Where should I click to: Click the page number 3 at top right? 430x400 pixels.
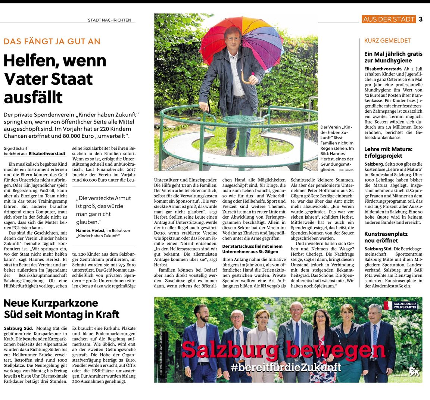421,19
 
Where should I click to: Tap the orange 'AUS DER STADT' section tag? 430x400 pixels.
389,19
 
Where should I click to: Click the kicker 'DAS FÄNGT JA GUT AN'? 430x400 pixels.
52,41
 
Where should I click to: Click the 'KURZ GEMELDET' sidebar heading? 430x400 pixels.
387,41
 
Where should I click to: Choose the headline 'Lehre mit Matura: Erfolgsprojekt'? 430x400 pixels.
388,152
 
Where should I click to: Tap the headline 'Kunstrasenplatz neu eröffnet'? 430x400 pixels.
386,237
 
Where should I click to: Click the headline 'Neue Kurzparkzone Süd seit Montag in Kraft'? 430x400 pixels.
62,308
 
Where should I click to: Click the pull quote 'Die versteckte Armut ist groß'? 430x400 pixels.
100,210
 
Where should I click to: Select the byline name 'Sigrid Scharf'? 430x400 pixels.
15,148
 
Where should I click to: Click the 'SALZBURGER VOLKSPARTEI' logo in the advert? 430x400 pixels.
400,306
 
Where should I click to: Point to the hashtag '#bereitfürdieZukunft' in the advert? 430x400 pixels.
286,368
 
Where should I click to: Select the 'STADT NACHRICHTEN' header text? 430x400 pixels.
109,20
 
